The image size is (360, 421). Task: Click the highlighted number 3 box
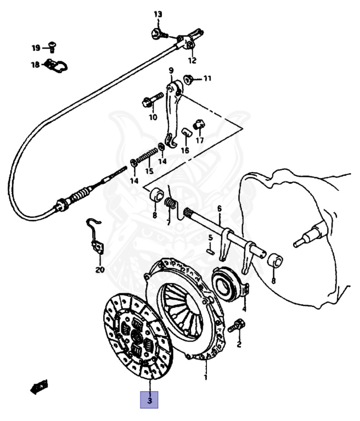click(150, 399)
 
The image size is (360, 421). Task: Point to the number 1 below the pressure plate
click(206, 377)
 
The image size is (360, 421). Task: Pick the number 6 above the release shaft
click(219, 209)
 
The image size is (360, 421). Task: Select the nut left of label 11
click(187, 79)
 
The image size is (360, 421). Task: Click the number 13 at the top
click(158, 14)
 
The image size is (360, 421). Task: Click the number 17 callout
click(199, 140)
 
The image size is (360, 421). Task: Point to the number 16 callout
click(185, 150)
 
